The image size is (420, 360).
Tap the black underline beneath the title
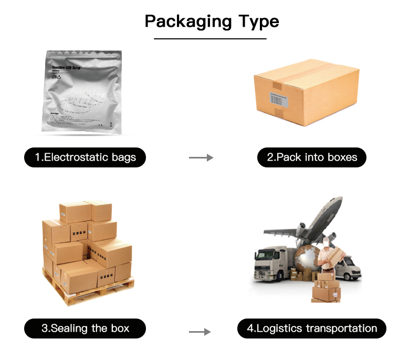click(210, 38)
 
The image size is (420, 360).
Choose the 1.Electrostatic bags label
click(85, 157)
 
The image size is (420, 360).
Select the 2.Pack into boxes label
click(311, 157)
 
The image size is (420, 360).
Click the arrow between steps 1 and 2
click(201, 157)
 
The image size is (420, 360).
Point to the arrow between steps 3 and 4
click(199, 332)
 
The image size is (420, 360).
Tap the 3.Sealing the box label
click(85, 329)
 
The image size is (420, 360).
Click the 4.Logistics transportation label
click(311, 329)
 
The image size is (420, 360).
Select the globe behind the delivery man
click(307, 260)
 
